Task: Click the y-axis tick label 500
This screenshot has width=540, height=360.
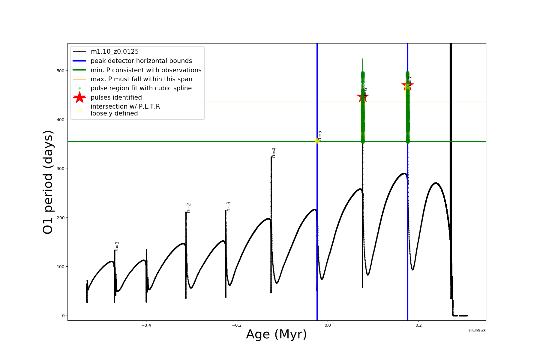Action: coord(61,71)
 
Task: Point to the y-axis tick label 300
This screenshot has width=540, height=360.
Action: coord(61,169)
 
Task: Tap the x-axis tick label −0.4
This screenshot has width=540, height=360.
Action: coord(146,325)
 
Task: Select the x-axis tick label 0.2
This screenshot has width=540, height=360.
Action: coord(418,325)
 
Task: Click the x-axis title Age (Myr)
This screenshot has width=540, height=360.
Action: coord(276,334)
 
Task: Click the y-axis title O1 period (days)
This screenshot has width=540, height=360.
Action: coord(48,182)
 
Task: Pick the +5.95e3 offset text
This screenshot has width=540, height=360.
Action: coord(477,331)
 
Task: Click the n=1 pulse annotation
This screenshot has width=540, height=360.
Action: coord(117,246)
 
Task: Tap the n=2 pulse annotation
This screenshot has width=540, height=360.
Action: coord(189,208)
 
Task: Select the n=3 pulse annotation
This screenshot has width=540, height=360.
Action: coord(229,206)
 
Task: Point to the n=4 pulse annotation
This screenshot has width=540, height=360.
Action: coord(274,153)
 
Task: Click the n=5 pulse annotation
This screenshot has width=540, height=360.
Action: coord(320,136)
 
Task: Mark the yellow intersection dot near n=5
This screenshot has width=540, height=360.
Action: coord(317,141)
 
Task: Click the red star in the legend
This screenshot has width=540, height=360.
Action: coord(79,97)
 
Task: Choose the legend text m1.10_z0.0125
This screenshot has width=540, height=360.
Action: coord(115,52)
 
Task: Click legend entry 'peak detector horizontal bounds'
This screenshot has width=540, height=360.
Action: coord(141,61)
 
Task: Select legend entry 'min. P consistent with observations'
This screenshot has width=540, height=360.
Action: coord(146,70)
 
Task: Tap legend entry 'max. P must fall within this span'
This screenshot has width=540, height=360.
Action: coord(141,79)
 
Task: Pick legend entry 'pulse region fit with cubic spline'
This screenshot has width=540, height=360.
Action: coord(141,88)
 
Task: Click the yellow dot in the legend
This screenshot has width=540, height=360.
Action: coord(79,111)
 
